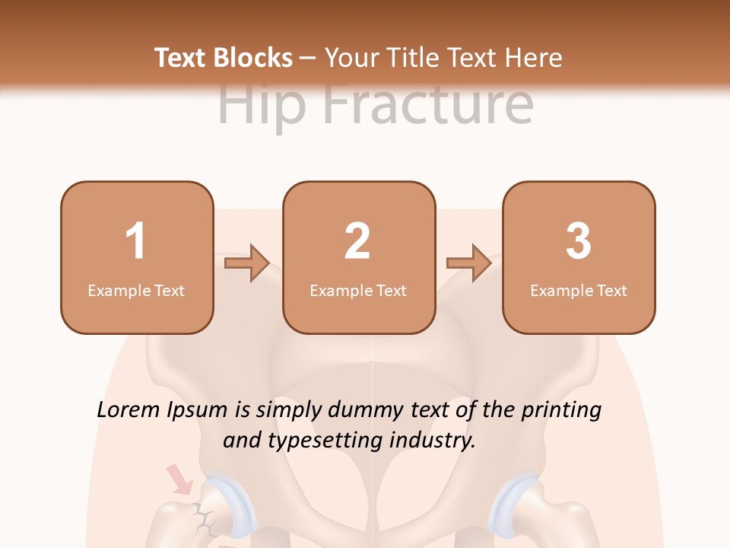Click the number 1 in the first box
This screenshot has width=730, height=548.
pyautogui.click(x=135, y=241)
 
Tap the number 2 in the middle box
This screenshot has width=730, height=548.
pyautogui.click(x=357, y=241)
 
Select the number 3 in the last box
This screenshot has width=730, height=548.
pyautogui.click(x=579, y=241)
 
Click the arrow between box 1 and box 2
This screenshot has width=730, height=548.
pyautogui.click(x=247, y=263)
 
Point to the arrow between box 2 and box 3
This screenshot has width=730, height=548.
pyautogui.click(x=468, y=263)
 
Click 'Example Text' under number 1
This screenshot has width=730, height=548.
pyautogui.click(x=136, y=291)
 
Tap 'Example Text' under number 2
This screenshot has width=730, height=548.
pyautogui.click(x=358, y=291)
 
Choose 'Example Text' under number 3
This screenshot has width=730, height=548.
pyautogui.click(x=579, y=291)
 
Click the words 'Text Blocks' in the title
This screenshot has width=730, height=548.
pyautogui.click(x=223, y=58)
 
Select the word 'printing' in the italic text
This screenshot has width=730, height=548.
pyautogui.click(x=561, y=410)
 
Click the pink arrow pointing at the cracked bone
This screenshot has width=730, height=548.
pyautogui.click(x=179, y=479)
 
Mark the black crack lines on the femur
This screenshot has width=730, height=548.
pyautogui.click(x=203, y=518)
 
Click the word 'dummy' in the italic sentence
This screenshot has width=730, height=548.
pyautogui.click(x=367, y=410)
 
